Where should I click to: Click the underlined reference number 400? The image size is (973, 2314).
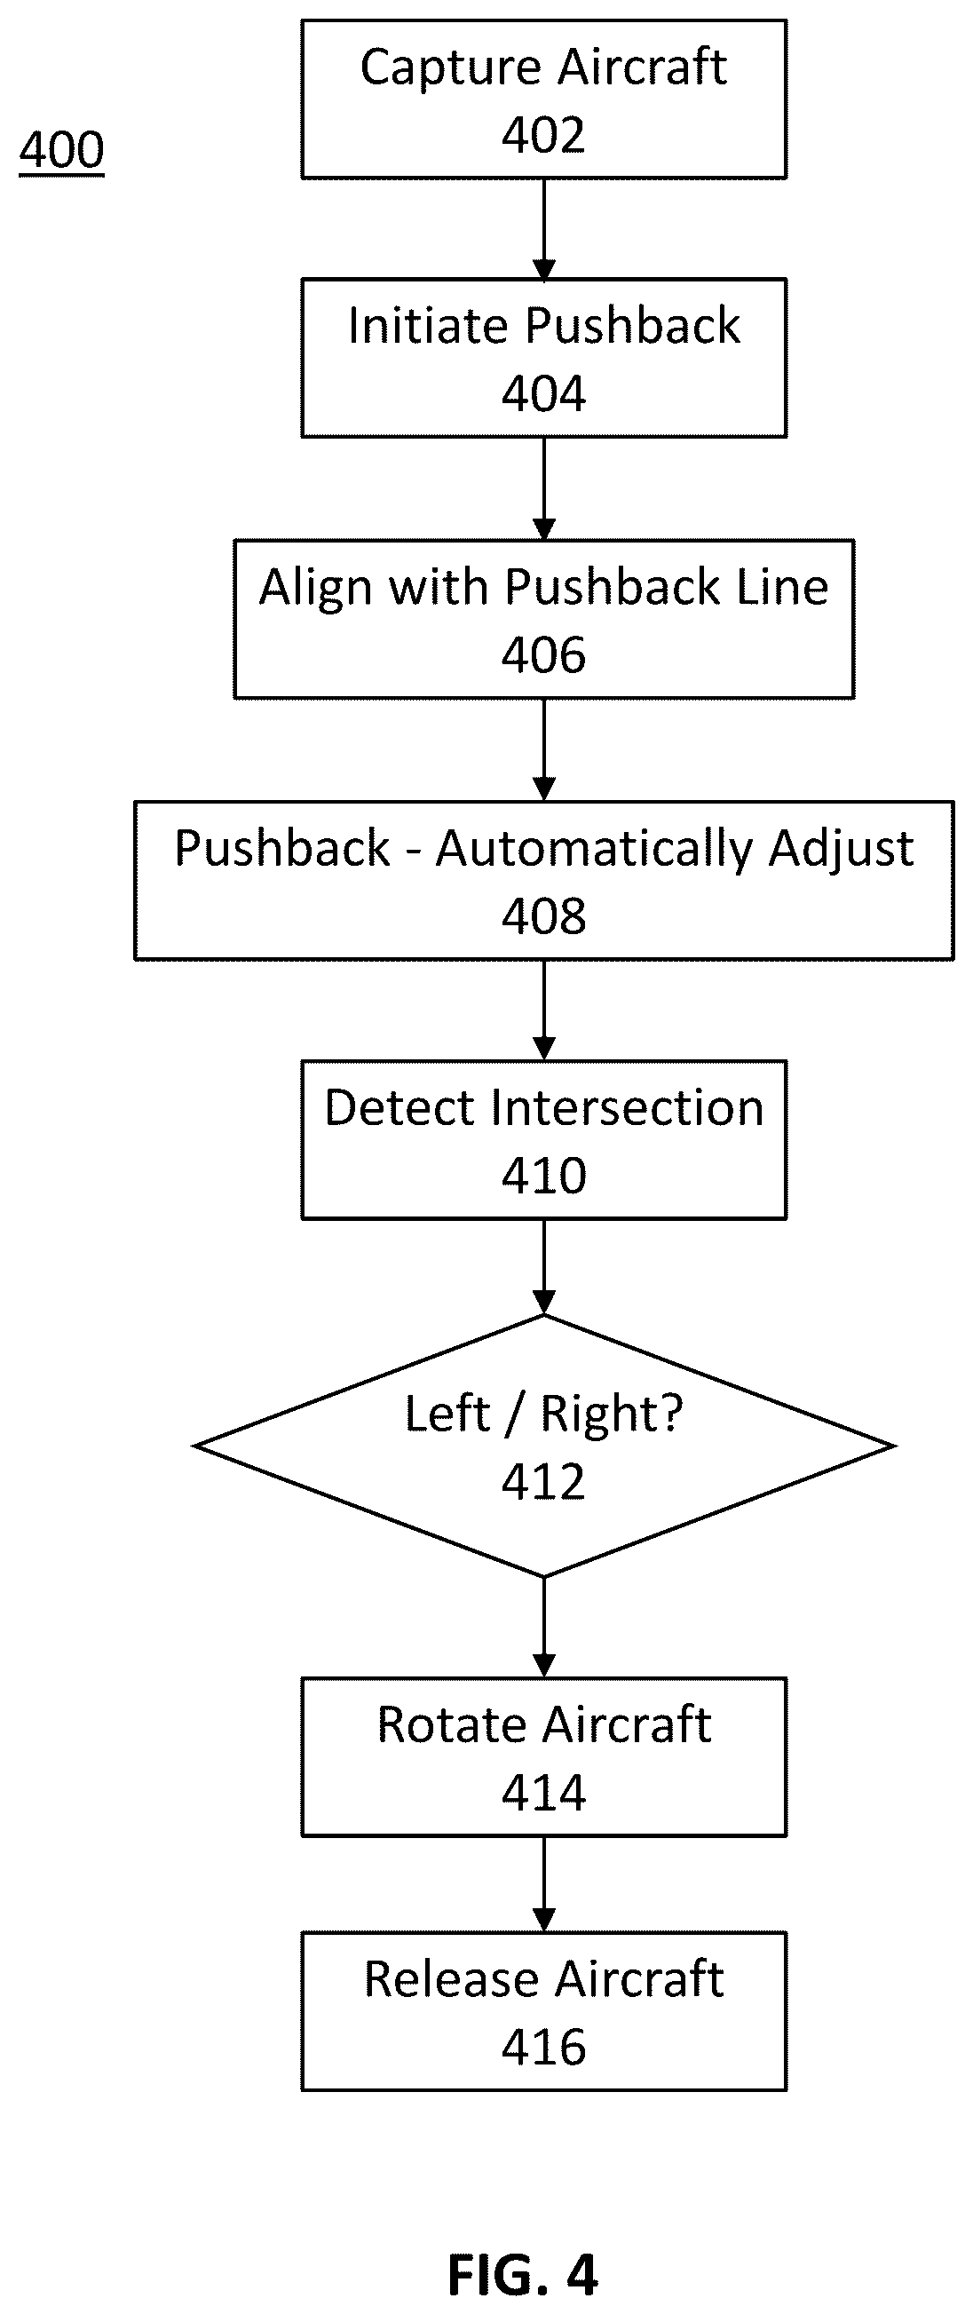pos(62,149)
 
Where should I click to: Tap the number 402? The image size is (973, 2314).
pos(543,135)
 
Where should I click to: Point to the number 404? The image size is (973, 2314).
pos(543,393)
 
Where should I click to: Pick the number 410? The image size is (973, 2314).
pos(543,1175)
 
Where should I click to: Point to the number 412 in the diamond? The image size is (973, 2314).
pos(543,1481)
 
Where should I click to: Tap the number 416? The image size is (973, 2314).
pos(543,2048)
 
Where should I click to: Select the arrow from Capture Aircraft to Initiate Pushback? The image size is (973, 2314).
pos(543,229)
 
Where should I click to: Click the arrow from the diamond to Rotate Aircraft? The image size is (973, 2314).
pos(543,1627)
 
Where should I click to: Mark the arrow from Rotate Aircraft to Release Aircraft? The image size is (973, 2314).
pos(543,1883)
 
